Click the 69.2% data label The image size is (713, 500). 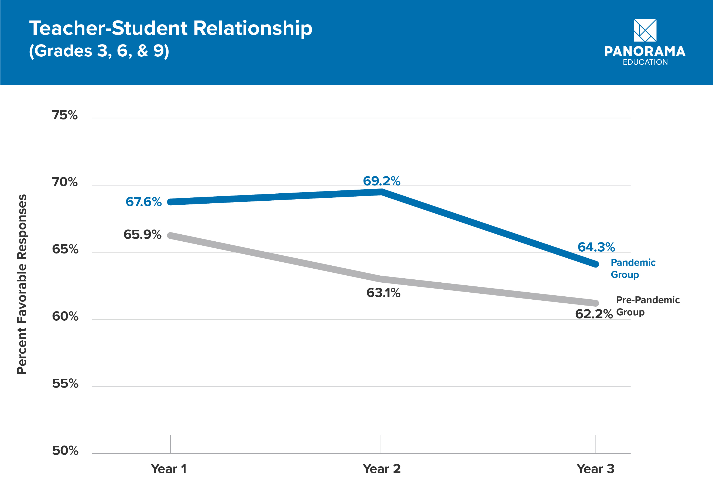click(x=381, y=181)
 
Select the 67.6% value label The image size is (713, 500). click(x=143, y=202)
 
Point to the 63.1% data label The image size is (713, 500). click(x=383, y=293)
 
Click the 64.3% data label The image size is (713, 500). click(x=596, y=247)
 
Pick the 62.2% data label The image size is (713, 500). click(x=594, y=314)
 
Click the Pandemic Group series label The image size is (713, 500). click(x=633, y=268)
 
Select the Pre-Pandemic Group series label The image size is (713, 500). click(x=647, y=306)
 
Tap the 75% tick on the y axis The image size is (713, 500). click(x=65, y=115)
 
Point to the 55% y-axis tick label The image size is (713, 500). click(x=65, y=383)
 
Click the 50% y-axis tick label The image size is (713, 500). click(x=65, y=451)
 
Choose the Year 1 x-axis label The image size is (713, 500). click(x=169, y=469)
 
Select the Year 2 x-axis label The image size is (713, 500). click(x=381, y=469)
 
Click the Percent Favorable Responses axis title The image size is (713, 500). click(x=22, y=284)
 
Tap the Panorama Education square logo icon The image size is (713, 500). click(x=645, y=30)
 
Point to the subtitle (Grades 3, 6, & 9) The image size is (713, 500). click(x=99, y=51)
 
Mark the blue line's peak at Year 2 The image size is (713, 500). click(x=381, y=192)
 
